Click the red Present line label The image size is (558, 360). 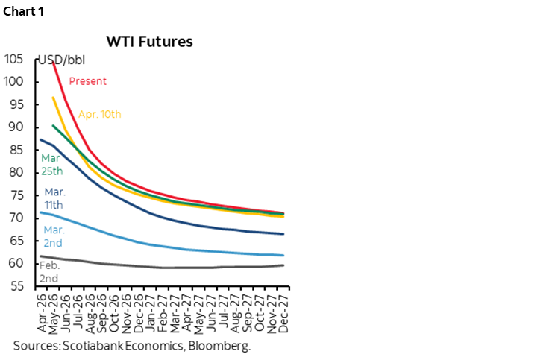point(88,81)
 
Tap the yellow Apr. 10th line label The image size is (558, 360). point(99,114)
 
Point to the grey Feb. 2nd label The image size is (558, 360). point(49,271)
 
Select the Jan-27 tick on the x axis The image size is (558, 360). point(151,313)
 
